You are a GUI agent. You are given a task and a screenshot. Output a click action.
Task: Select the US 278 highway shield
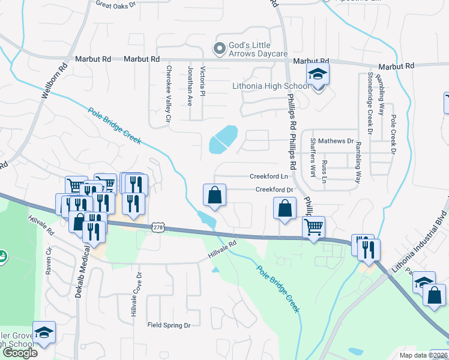(158, 227)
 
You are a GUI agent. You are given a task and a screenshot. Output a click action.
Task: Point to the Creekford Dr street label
(274, 190)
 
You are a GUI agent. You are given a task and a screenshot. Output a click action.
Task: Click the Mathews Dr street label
(336, 141)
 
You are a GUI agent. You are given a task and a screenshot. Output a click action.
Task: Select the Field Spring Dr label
(169, 325)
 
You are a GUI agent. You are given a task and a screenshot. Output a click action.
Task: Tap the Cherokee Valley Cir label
(169, 95)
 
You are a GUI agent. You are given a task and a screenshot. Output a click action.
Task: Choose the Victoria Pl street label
(203, 82)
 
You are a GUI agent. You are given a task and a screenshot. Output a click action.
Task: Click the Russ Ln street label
(325, 172)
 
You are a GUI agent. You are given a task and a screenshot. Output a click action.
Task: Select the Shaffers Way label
(313, 157)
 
